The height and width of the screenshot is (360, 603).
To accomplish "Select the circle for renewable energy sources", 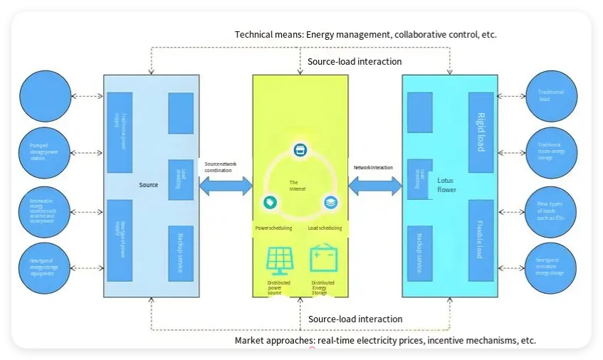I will tap(46, 210).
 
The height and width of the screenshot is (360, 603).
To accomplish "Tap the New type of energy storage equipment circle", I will tap(46, 268).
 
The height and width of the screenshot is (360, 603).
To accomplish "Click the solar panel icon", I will tap(280, 260).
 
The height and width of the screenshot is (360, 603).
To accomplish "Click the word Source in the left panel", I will tap(148, 185).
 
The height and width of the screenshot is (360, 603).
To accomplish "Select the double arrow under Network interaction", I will tap(374, 186).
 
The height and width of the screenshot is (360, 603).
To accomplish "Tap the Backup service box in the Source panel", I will tap(181, 253).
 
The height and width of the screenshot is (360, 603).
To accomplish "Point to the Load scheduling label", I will tap(325, 228).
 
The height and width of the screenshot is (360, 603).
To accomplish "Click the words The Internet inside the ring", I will tap(298, 186).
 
